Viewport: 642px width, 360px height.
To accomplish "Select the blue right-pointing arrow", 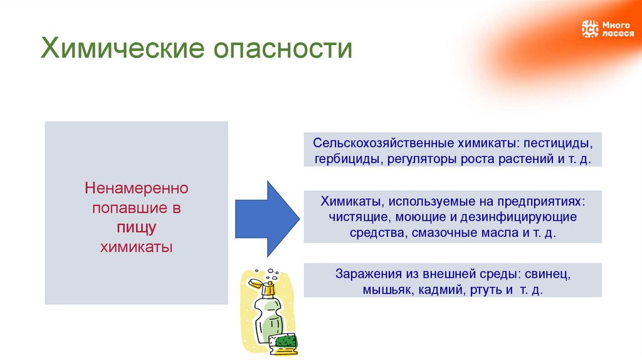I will point(267,218).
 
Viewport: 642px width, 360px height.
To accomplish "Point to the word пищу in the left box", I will point(136,227).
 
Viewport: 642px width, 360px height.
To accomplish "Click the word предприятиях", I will point(541,202).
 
